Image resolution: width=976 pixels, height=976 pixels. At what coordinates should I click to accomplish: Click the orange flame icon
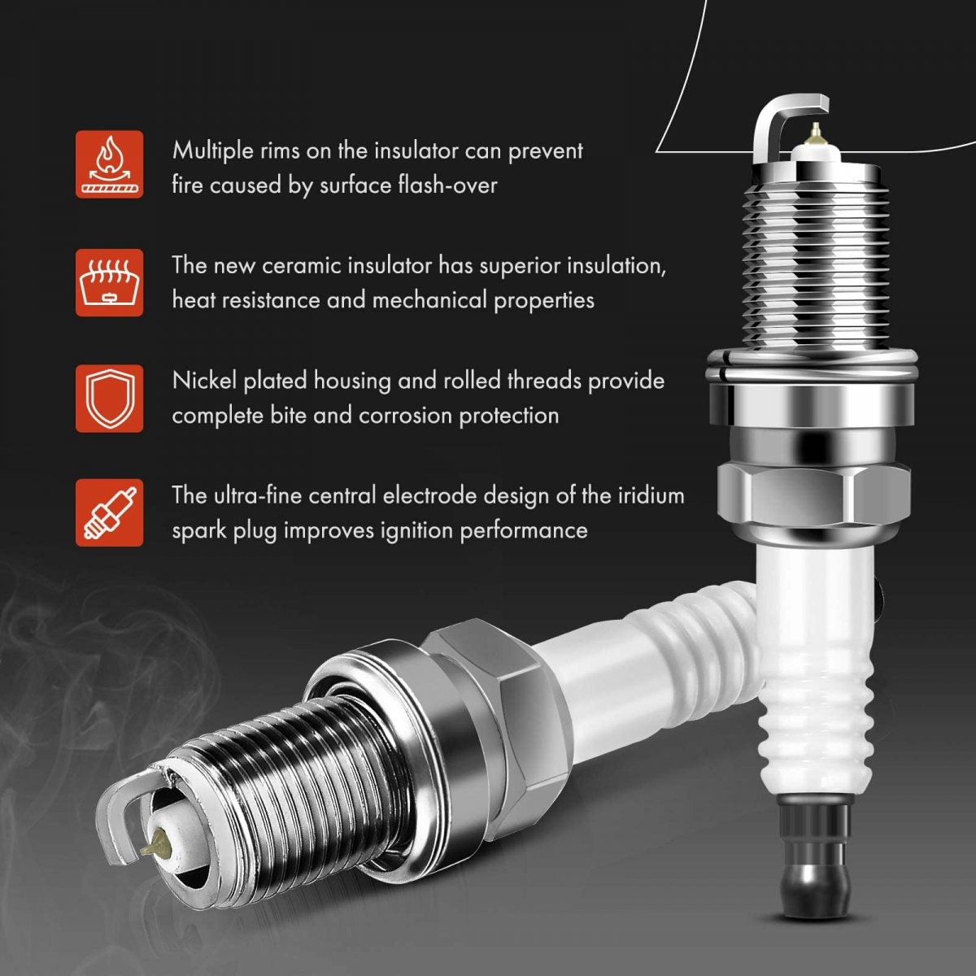[110, 164]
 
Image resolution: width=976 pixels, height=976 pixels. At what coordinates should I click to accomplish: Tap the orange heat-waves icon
[110, 282]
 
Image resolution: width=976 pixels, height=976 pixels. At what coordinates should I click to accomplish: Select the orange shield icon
[110, 399]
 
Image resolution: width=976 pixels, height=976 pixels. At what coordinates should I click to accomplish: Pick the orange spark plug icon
[110, 513]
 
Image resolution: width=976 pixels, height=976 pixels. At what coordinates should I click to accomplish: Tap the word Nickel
[204, 381]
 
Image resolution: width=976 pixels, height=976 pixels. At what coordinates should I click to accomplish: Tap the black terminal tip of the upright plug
[817, 868]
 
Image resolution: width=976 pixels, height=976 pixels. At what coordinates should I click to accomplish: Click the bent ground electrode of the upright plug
[775, 116]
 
